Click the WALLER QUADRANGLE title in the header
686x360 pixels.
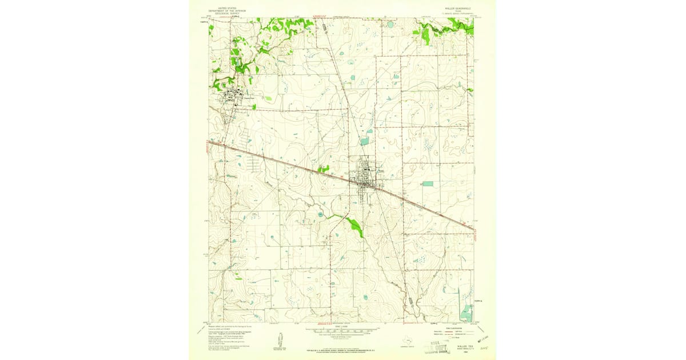coord(456,8)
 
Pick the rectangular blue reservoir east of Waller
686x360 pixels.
coord(428,184)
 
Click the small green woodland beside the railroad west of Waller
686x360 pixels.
coord(324,169)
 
